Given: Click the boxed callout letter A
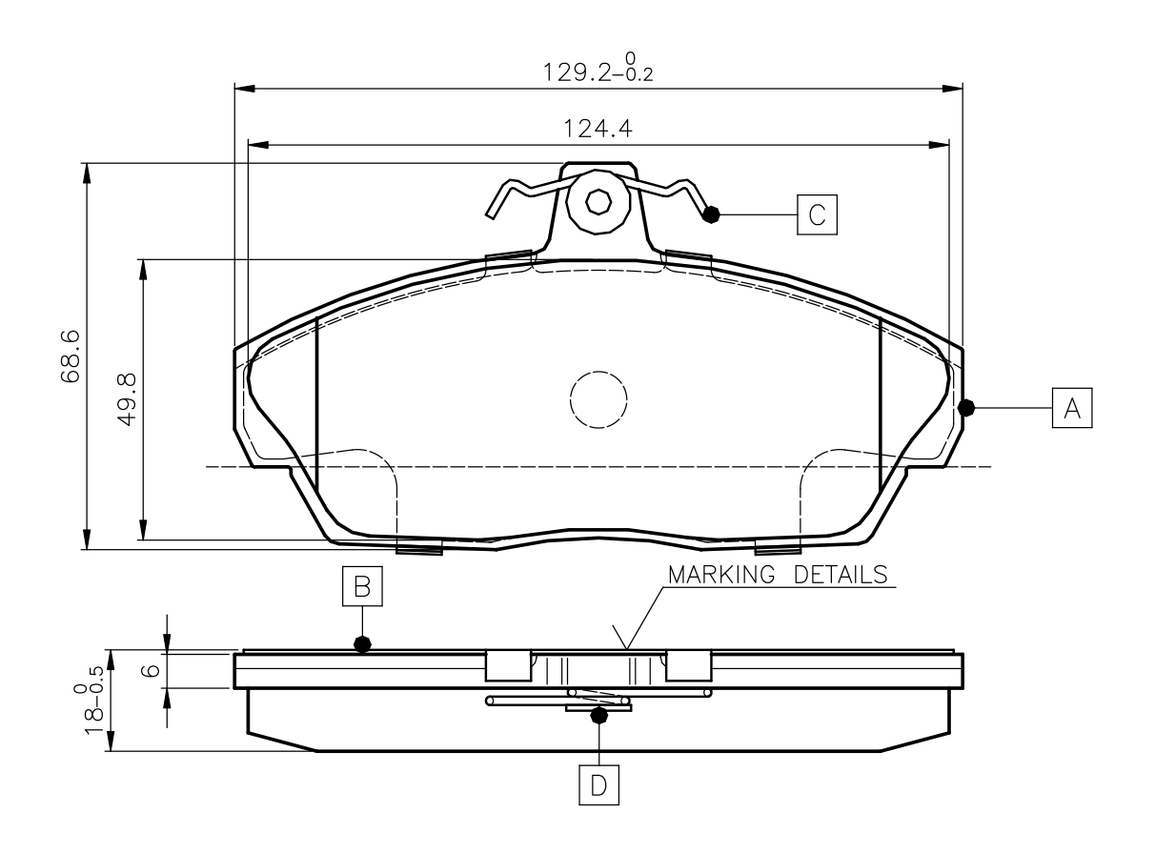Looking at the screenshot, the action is tap(1072, 408).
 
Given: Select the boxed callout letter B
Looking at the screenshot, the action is tap(362, 586).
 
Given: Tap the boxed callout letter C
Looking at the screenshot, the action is tap(817, 214).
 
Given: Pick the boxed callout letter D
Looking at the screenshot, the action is tap(598, 784).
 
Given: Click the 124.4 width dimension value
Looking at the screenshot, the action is tap(598, 129).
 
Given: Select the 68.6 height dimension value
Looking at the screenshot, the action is tap(71, 356).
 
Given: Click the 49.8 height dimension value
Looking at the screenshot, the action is tap(127, 399).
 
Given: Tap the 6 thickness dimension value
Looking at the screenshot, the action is tap(151, 669).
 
